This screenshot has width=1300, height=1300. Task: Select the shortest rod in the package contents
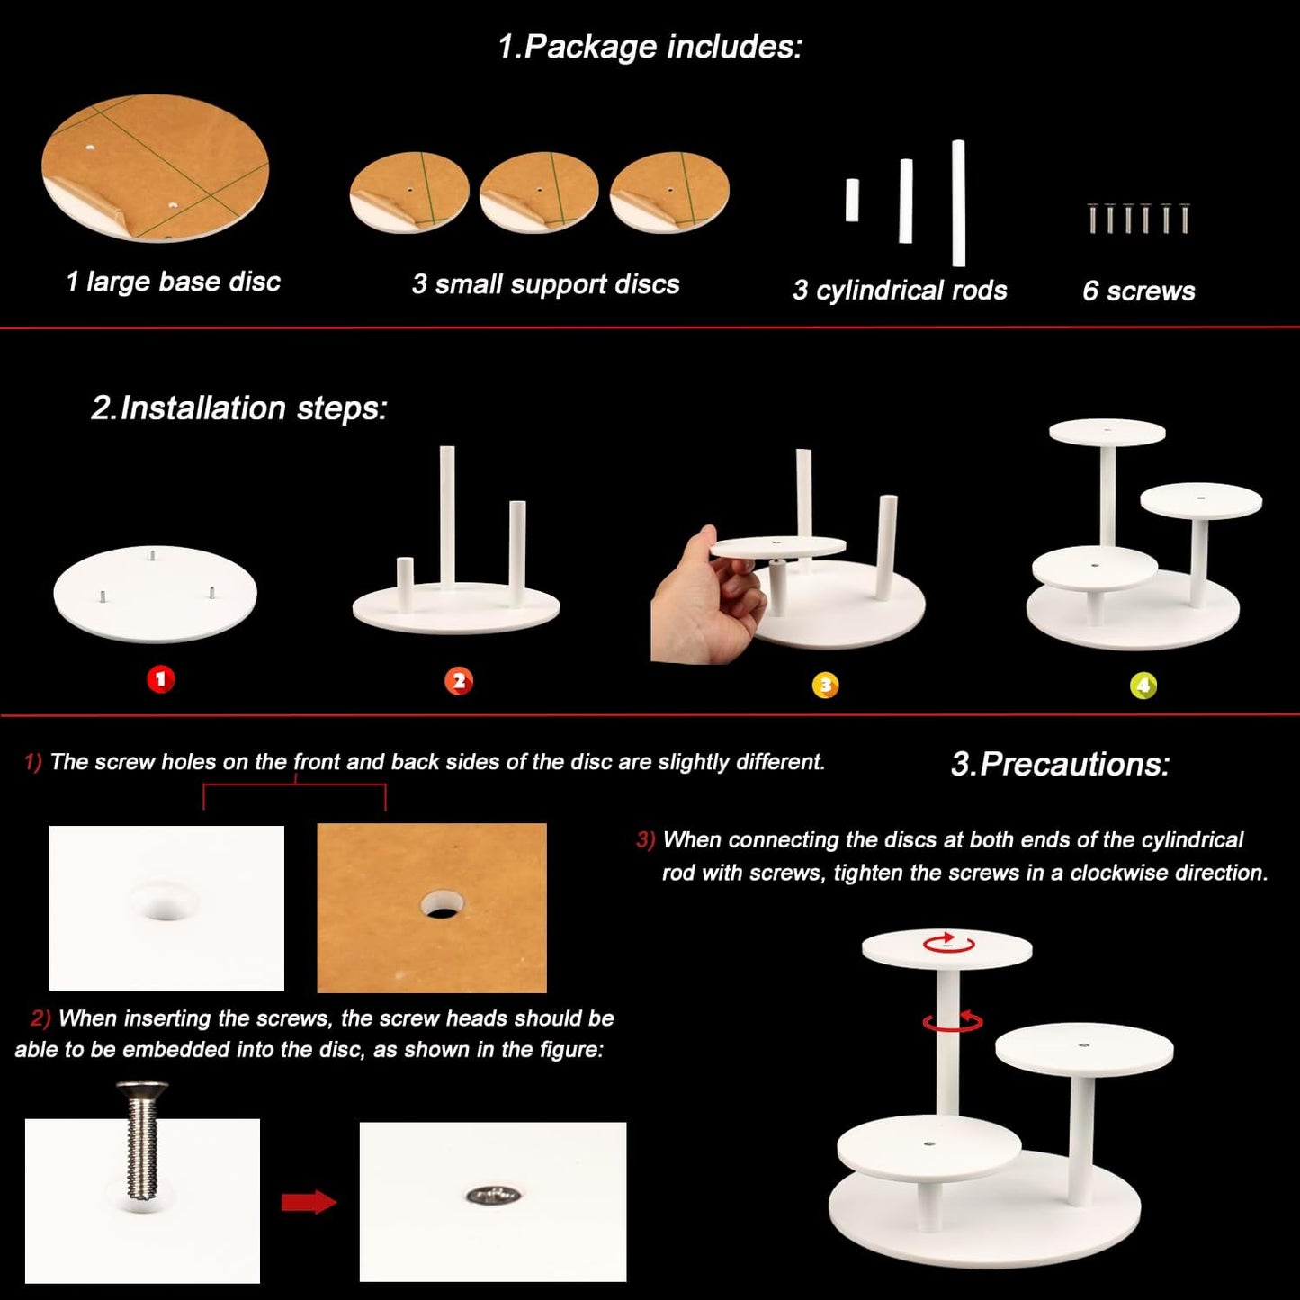click(852, 200)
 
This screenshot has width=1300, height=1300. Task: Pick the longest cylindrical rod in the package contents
click(958, 203)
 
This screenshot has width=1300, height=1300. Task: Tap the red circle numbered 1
click(160, 678)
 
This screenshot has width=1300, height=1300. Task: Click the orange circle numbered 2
click(459, 681)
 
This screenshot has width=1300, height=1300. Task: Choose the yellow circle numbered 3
click(825, 686)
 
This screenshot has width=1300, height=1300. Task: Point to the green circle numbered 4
click(1143, 686)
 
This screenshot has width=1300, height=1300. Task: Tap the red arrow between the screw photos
click(309, 1202)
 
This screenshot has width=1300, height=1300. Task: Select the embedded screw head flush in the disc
click(493, 1197)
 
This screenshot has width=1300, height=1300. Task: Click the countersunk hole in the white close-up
click(165, 900)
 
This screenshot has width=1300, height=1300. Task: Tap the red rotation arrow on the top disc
click(948, 943)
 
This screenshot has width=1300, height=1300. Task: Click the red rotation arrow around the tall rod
click(953, 1021)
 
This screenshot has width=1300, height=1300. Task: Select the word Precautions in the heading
click(1075, 764)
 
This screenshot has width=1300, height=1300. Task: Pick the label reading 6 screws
click(1139, 291)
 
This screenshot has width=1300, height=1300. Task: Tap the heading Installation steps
click(239, 408)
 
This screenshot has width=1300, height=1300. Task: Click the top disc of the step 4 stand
click(1107, 433)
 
